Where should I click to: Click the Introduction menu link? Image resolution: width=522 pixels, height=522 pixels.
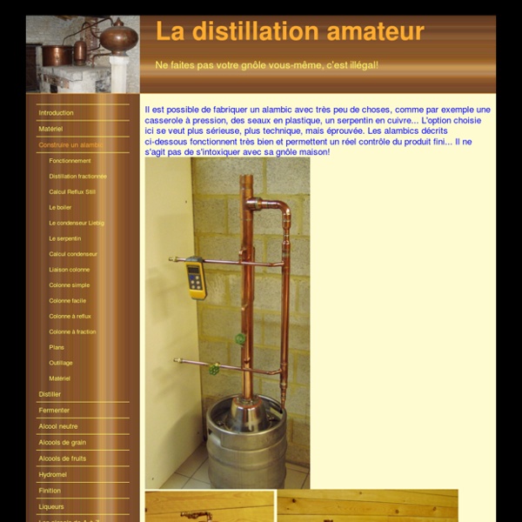click(x=56, y=113)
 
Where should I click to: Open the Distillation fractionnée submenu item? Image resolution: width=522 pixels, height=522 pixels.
click(x=78, y=176)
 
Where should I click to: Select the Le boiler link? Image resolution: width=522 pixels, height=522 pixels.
click(x=60, y=207)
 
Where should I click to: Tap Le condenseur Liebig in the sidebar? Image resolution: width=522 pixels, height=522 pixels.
click(x=77, y=223)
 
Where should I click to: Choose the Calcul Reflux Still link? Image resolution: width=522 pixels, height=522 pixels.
click(x=72, y=191)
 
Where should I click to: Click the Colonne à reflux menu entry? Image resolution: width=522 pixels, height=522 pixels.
click(x=70, y=317)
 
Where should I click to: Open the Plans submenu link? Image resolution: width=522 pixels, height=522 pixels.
click(x=57, y=347)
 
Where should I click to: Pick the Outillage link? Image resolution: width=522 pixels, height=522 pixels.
click(x=61, y=363)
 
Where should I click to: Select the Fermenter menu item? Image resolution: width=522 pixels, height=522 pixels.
click(x=54, y=411)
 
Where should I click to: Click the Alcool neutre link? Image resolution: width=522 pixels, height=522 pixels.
click(x=58, y=426)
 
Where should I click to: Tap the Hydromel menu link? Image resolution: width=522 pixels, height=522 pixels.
click(x=52, y=475)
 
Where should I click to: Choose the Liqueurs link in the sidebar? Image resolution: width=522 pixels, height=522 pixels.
click(x=51, y=506)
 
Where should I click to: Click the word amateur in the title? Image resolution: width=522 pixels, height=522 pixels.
click(x=375, y=31)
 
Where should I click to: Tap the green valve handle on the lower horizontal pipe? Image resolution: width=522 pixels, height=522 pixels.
click(x=214, y=369)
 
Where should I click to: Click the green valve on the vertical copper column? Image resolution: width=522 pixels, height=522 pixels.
click(x=240, y=339)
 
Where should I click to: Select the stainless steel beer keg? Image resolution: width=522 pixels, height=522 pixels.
click(x=246, y=442)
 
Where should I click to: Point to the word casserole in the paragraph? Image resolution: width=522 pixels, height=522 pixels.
click(x=163, y=120)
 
